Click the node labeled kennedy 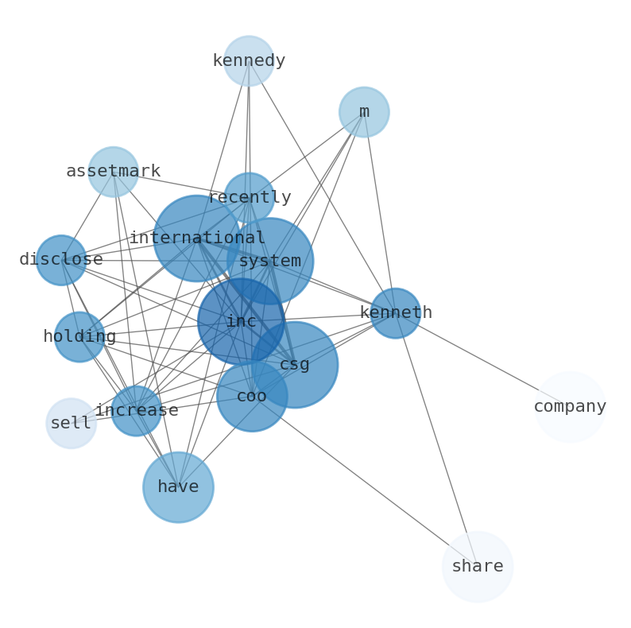249,60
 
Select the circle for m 364,112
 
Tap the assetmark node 113,172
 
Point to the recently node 249,197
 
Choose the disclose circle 61,260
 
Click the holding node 79,337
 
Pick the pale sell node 71,424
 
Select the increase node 136,411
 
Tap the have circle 178,487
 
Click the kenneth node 395,313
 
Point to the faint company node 570,407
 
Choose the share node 478,567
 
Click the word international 197,238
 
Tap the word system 270,261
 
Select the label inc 241,321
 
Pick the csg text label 295,365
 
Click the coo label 252,396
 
